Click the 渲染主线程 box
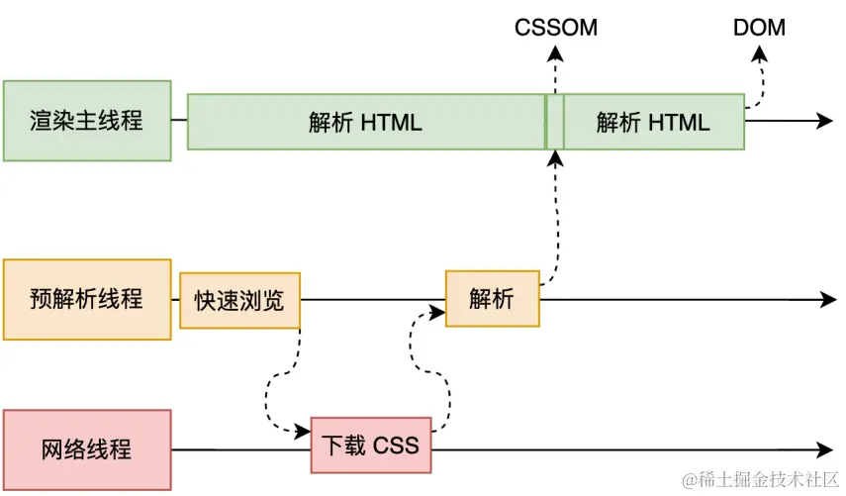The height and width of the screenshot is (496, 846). [x=87, y=121]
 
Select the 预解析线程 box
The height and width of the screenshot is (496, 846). [x=87, y=300]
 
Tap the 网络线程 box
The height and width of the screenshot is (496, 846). [x=87, y=449]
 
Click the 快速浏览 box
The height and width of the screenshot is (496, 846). [x=239, y=301]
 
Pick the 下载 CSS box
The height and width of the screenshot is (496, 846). [x=371, y=446]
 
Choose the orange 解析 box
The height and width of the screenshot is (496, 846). [x=493, y=298]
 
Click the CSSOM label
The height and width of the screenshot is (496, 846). [x=556, y=28]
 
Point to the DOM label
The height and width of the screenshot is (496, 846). [x=759, y=28]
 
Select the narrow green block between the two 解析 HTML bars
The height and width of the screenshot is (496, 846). [x=555, y=122]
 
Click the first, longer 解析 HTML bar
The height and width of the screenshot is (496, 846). [x=366, y=122]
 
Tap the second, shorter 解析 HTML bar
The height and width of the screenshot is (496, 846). [x=654, y=122]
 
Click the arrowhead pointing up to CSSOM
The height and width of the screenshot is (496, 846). [x=555, y=53]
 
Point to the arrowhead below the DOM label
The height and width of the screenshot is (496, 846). [x=760, y=53]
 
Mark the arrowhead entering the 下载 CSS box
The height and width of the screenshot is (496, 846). [x=303, y=431]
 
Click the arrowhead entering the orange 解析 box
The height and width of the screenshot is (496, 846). [x=437, y=312]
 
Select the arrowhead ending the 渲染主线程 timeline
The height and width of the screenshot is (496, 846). [x=825, y=121]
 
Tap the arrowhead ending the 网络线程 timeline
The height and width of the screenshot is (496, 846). [x=825, y=449]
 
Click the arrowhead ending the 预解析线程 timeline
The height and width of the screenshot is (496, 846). [x=828, y=300]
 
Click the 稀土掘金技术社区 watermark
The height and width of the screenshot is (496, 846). [x=761, y=479]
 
